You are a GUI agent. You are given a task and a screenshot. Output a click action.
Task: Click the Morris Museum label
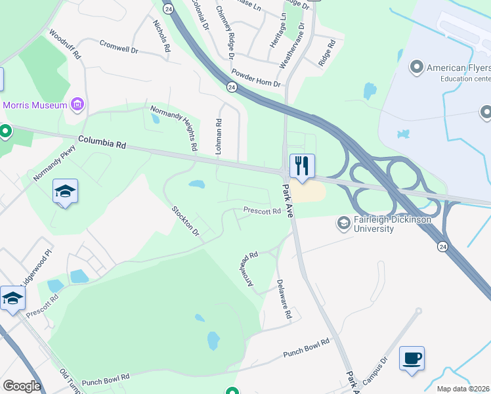(x=35, y=105)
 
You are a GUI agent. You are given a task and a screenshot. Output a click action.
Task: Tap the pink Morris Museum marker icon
(x=78, y=104)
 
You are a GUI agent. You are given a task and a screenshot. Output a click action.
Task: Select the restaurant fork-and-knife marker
(x=302, y=166)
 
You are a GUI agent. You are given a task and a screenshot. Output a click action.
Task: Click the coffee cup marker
(x=412, y=359)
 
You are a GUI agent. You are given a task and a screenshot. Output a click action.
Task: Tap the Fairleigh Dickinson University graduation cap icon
(x=343, y=224)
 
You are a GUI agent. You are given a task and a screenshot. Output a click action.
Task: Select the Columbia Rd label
(x=102, y=142)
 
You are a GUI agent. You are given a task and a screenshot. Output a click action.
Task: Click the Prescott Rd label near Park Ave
(x=262, y=211)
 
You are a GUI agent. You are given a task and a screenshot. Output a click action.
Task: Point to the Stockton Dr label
(x=185, y=221)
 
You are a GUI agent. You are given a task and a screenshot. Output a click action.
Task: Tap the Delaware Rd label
(x=284, y=299)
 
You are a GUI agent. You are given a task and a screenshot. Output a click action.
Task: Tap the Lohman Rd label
(x=219, y=136)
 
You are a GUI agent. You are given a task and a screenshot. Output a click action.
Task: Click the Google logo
(x=22, y=386)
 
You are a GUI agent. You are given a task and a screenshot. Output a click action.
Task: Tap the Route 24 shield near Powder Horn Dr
(x=232, y=87)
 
